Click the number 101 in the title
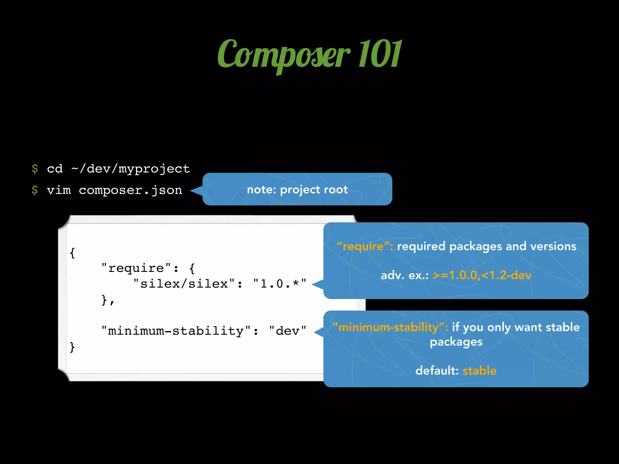(380, 54)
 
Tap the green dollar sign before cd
(35, 169)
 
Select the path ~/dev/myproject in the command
(131, 169)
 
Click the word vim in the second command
(59, 190)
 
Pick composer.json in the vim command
(130, 190)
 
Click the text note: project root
(297, 189)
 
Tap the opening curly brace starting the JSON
(72, 253)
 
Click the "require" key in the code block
(136, 268)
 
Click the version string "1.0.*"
(280, 284)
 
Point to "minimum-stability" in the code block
(176, 331)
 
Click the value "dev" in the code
(287, 331)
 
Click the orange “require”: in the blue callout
(365, 246)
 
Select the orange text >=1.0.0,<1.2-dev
(482, 275)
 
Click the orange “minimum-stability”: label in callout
(390, 327)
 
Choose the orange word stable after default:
(479, 370)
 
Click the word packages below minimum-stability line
(456, 342)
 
